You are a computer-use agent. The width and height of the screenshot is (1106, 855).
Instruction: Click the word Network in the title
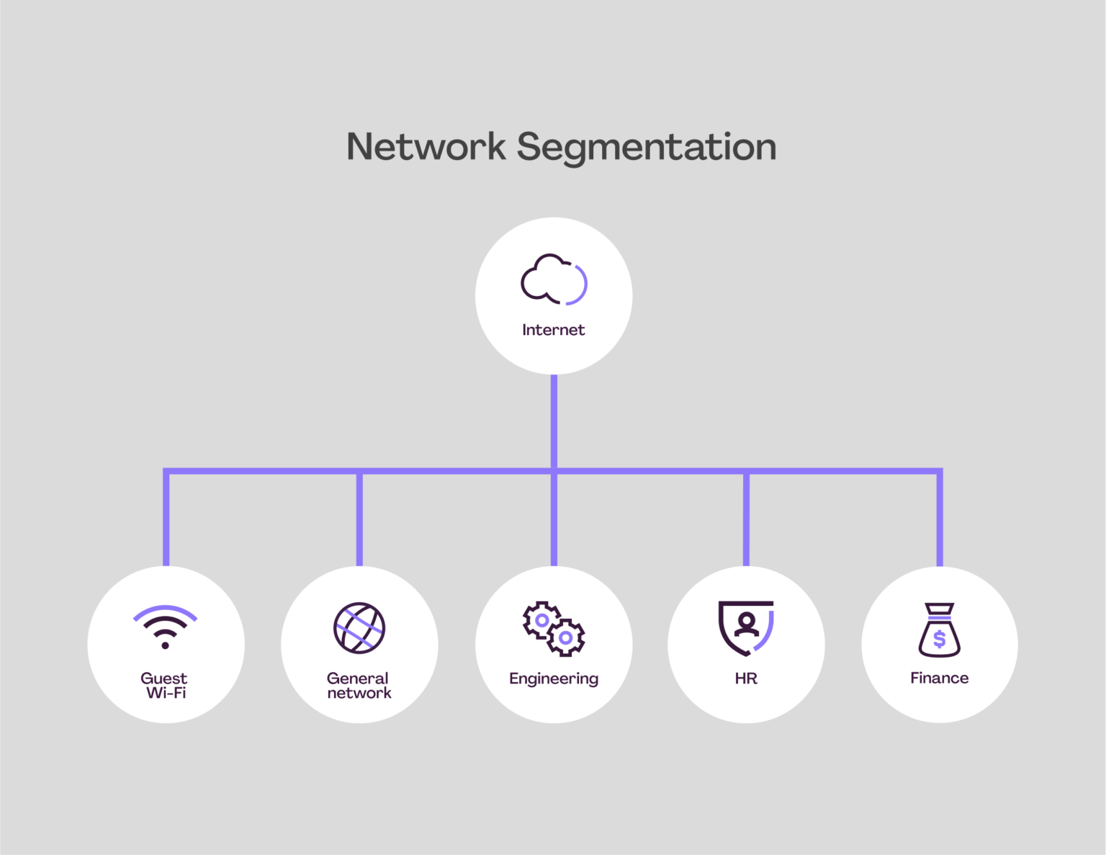(426, 147)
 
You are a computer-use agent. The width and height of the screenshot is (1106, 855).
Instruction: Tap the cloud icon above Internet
(553, 279)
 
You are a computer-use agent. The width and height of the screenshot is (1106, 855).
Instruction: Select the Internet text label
(553, 330)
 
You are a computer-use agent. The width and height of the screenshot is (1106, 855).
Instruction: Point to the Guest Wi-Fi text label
(165, 686)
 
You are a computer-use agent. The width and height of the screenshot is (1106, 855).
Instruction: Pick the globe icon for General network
(359, 627)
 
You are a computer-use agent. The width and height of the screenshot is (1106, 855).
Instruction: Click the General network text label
(359, 686)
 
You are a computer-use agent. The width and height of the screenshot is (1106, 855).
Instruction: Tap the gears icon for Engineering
(553, 628)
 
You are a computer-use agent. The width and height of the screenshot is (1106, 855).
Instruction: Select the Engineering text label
(553, 679)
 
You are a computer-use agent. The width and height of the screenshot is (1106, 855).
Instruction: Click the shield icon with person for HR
(746, 627)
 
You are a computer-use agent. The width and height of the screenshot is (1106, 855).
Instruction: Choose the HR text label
(746, 679)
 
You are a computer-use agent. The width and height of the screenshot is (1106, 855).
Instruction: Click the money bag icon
(939, 630)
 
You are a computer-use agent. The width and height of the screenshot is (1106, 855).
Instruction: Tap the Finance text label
(939, 678)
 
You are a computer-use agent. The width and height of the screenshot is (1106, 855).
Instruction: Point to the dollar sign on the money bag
(939, 639)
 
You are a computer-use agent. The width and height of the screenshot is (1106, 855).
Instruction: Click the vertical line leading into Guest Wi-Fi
(166, 519)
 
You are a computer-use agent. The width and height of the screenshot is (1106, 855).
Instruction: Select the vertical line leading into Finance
(940, 519)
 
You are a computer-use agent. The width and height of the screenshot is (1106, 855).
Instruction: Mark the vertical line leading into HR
(746, 519)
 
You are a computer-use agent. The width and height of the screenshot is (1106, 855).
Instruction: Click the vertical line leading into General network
(359, 519)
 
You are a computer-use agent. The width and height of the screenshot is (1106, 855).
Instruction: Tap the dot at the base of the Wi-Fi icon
(165, 645)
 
